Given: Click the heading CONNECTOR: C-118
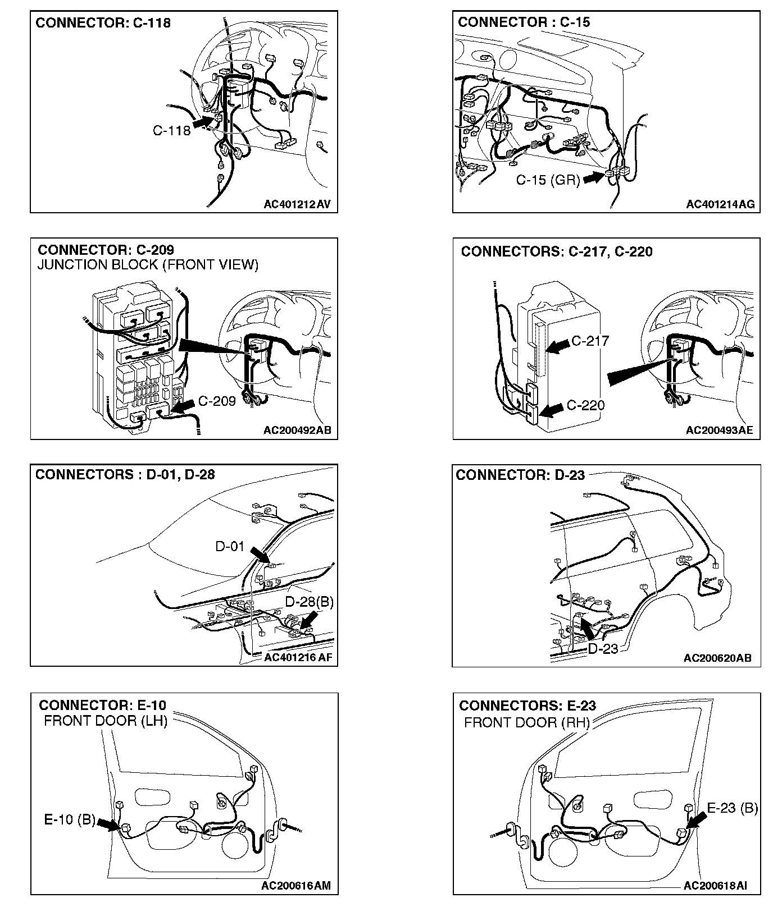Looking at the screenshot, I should click(x=103, y=23).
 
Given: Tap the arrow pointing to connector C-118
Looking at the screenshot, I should click(x=203, y=120).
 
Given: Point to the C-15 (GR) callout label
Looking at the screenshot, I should click(x=548, y=180).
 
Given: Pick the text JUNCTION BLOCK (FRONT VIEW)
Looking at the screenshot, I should click(x=148, y=265).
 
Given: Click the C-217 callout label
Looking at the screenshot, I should click(x=590, y=341).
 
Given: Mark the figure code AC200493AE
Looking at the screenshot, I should click(x=719, y=430).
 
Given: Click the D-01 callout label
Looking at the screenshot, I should click(x=230, y=546).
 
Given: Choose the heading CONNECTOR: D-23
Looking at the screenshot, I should click(x=520, y=475).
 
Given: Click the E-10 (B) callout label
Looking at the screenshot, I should click(x=70, y=820).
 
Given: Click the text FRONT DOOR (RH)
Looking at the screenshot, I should click(x=527, y=722).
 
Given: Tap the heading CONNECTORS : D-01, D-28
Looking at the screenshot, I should click(x=125, y=474).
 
